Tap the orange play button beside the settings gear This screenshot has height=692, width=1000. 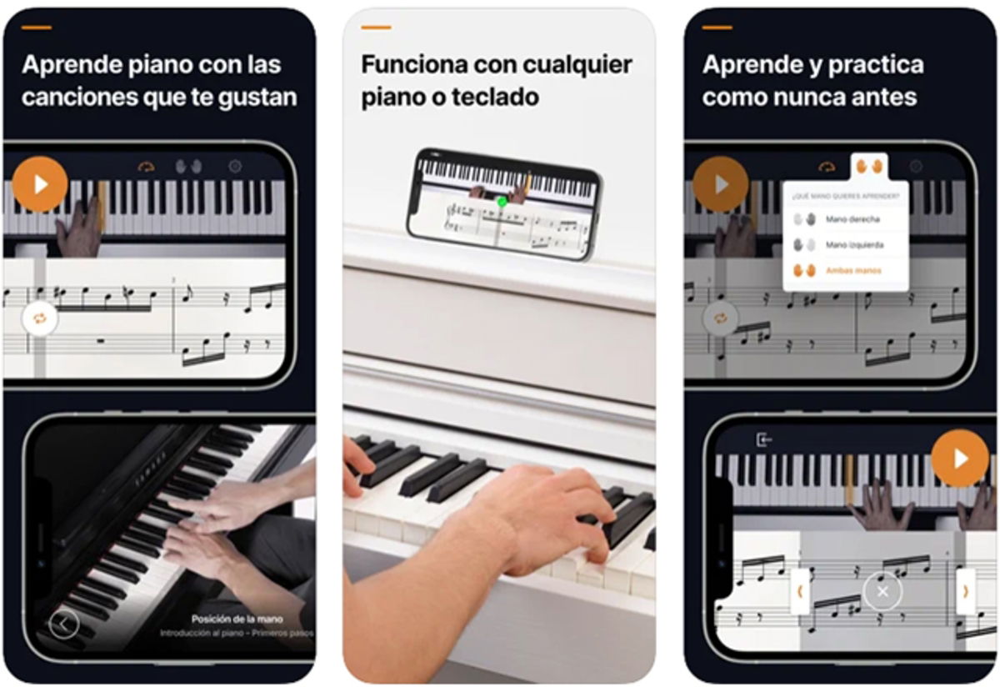(x=40, y=183)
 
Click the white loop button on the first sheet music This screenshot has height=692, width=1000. (x=39, y=318)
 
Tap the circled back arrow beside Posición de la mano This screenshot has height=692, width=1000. (x=64, y=623)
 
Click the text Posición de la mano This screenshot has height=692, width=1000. (x=237, y=619)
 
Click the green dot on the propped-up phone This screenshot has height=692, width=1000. (x=502, y=201)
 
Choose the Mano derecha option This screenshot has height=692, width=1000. (x=852, y=219)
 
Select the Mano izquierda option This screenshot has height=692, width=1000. (x=854, y=245)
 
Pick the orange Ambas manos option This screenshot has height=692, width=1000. (x=852, y=271)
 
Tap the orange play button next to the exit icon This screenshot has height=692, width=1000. (x=960, y=458)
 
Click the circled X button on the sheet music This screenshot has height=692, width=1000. (x=882, y=591)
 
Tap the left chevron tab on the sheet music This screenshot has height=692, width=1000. (x=800, y=591)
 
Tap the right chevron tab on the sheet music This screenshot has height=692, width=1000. (x=966, y=591)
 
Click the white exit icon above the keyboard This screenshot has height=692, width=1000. (x=763, y=439)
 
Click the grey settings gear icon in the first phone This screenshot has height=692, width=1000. (x=235, y=167)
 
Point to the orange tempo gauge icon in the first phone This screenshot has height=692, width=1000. (x=147, y=167)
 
